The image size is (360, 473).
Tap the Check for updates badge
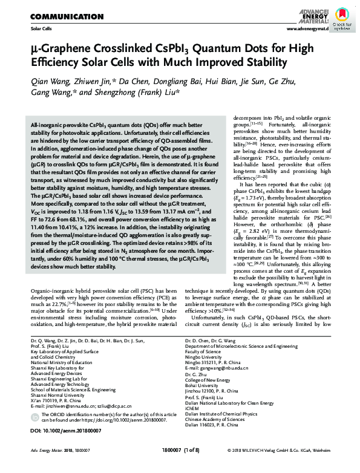point(344,18)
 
